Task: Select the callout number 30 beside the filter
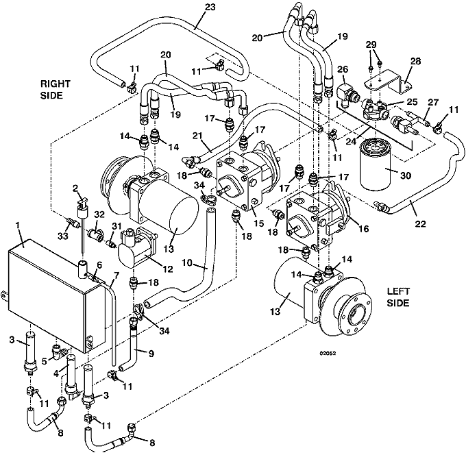[x=405, y=175]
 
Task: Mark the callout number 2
[x=75, y=188]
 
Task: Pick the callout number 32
[x=99, y=215]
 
